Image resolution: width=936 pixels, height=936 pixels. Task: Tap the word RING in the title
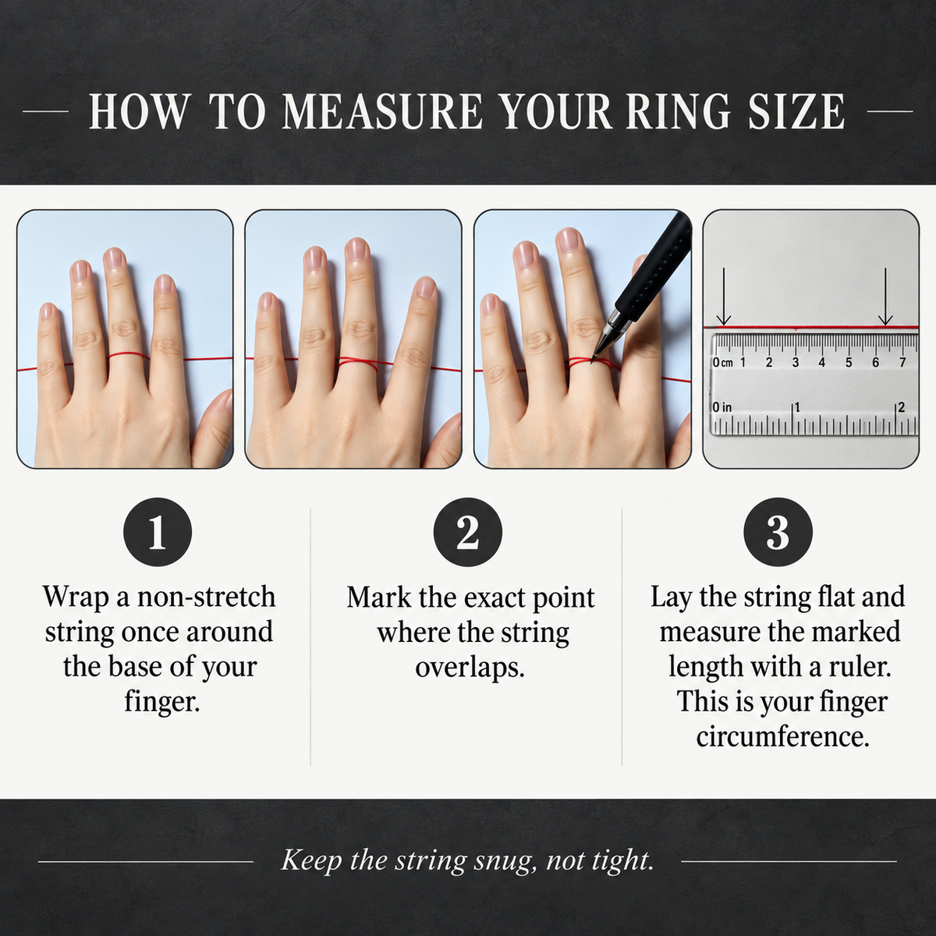pos(679,112)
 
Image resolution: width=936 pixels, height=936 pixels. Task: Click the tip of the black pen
pos(592,362)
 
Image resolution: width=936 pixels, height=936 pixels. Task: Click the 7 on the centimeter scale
pos(902,363)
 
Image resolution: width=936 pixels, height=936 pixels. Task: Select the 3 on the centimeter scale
pos(795,363)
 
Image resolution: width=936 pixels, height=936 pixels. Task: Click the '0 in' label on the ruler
pos(721,406)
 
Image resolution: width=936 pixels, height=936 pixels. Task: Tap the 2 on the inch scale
pos(902,406)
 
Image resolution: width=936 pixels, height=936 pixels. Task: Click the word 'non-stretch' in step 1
pos(207,597)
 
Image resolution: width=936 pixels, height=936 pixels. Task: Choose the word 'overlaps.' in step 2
pos(470,668)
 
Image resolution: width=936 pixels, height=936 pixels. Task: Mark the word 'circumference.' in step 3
pos(782,737)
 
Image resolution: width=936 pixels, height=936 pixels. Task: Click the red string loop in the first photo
pos(129,356)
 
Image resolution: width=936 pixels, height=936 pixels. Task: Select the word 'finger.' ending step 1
pos(162,702)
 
